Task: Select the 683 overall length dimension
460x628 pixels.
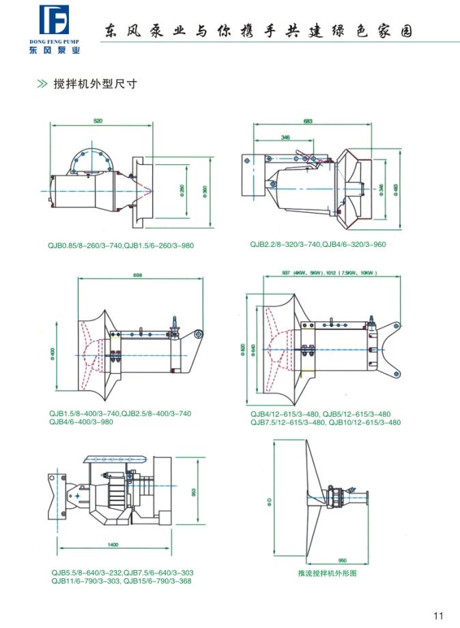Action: coord(308,121)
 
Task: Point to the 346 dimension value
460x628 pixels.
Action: coord(285,137)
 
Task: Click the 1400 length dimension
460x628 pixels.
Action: coord(113,544)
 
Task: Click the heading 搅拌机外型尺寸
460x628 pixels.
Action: coord(96,85)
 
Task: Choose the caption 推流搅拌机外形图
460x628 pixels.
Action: coord(328,573)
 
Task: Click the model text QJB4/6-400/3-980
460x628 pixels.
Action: coord(81,421)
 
